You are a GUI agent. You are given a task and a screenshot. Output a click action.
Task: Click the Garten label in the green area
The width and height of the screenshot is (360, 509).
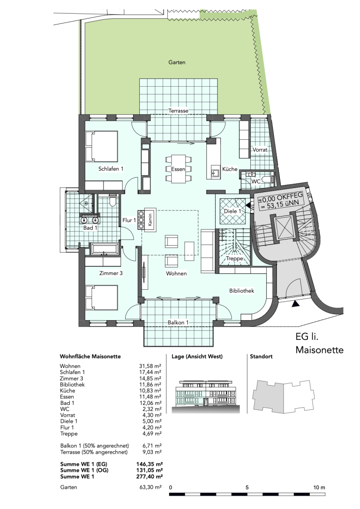coord(177,62)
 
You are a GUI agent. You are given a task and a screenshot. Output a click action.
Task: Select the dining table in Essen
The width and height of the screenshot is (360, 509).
coord(179,169)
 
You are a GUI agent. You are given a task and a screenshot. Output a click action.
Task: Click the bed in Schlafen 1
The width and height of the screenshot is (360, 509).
coord(102,146)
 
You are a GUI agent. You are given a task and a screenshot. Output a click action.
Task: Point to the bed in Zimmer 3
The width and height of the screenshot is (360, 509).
coord(102,297)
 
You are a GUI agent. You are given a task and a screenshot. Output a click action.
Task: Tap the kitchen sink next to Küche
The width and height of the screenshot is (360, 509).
coord(215,171)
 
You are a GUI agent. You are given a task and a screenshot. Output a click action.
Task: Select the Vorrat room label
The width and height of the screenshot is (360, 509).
coord(260,150)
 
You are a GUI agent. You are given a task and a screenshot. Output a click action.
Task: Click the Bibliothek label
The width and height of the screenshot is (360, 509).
coord(241,291)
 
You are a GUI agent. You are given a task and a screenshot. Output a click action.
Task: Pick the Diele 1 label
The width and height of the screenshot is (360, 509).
coord(233,211)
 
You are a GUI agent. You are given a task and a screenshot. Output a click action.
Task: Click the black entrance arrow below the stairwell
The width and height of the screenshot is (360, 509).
coord(295,304)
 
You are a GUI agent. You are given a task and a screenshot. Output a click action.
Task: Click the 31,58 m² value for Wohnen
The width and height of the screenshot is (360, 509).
coord(150,366)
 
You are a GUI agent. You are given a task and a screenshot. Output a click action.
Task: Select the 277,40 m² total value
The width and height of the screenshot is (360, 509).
coord(150,477)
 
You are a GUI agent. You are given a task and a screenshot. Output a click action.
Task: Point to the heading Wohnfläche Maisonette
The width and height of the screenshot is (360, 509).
coord(90,356)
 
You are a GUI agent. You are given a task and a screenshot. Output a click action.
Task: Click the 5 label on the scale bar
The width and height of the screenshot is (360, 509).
coord(247,487)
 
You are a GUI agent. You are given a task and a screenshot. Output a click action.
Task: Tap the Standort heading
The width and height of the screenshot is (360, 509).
coord(261,356)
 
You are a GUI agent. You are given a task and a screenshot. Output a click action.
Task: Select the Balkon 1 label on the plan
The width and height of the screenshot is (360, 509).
coord(178,322)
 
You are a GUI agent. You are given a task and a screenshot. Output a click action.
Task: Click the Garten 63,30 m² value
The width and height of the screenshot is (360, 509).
coord(150,487)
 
